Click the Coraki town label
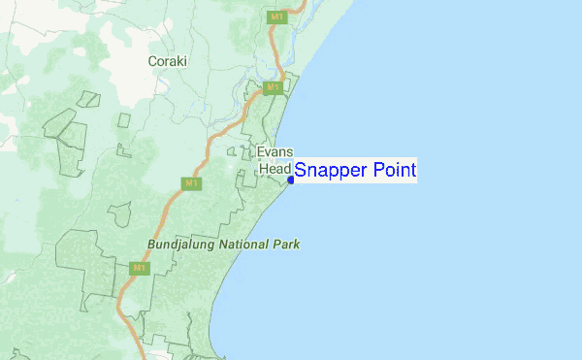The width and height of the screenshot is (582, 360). tap(167, 61)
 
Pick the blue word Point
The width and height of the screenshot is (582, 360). tap(394, 171)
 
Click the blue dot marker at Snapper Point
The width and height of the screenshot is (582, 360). tap(290, 180)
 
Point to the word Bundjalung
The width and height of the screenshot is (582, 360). tap(183, 245)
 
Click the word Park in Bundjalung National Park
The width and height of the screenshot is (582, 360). tap(287, 245)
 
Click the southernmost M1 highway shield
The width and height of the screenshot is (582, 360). tap(139, 268)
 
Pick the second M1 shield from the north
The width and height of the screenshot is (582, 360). tap(274, 88)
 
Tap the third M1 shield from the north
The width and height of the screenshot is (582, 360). tap(191, 182)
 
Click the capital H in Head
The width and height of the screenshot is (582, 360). tap(263, 169)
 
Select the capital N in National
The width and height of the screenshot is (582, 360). tap(227, 245)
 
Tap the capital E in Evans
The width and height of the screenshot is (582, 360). tap(260, 152)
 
